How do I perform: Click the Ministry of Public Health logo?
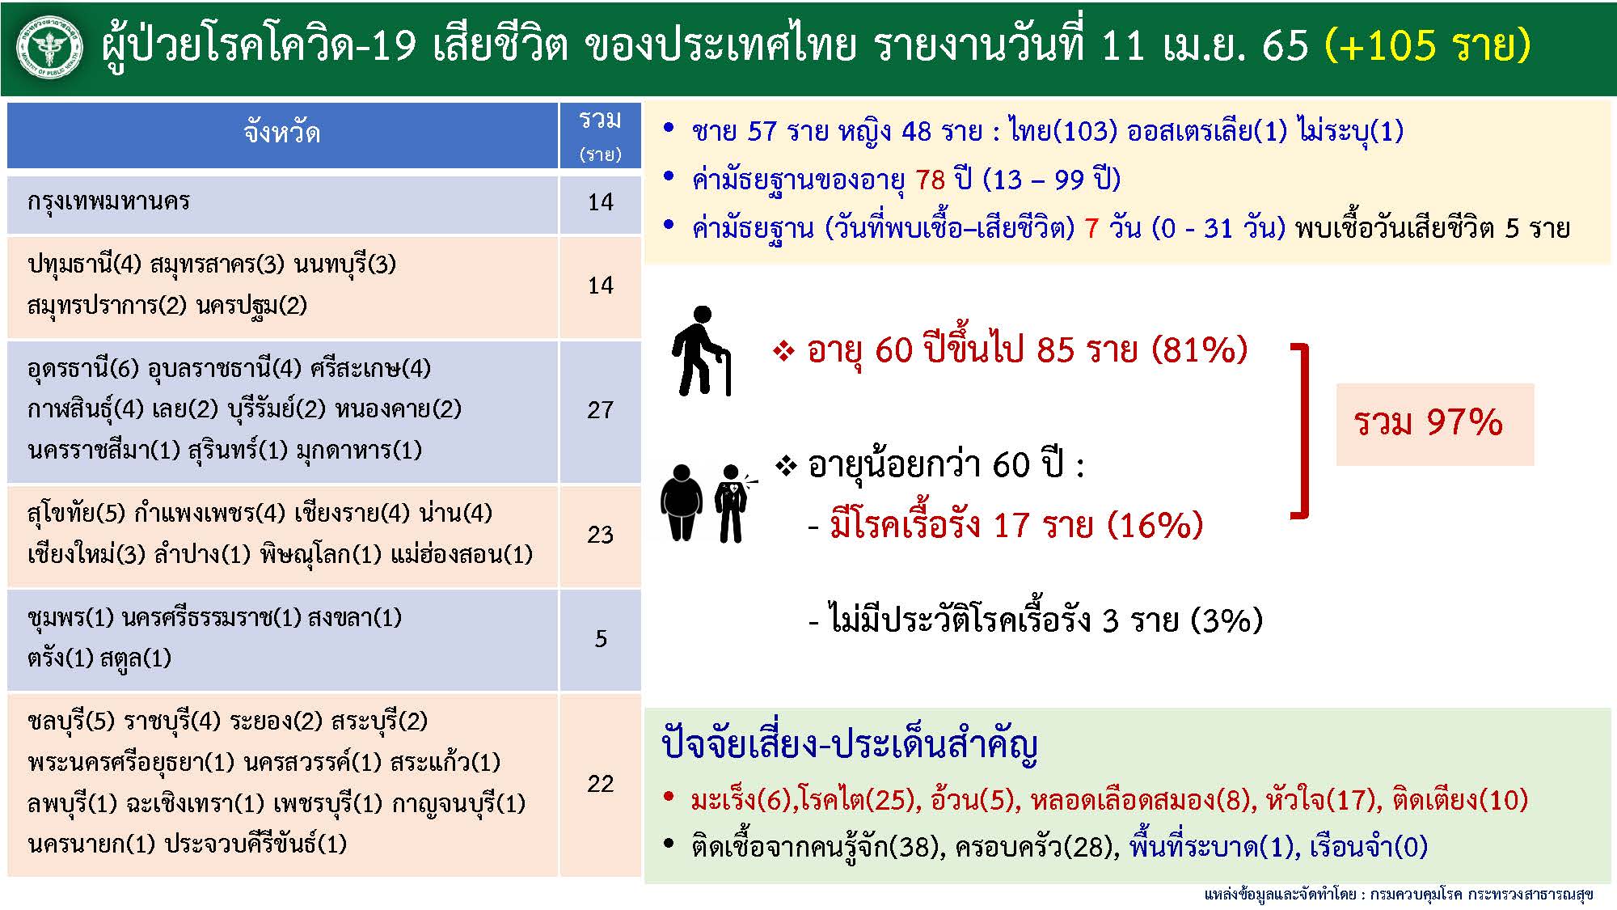tap(50, 49)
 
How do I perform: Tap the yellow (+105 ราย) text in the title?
tap(1427, 45)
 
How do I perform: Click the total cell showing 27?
tap(600, 411)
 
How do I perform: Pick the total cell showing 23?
tap(600, 535)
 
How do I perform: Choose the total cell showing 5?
tap(600, 639)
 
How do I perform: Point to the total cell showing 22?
tap(600, 784)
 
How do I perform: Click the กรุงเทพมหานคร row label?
tap(108, 201)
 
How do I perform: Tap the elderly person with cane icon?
tap(701, 351)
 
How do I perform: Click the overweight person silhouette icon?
tap(681, 502)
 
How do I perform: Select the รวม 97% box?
tap(1434, 424)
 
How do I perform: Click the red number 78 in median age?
tap(930, 180)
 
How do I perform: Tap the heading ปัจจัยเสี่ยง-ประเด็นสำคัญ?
tap(849, 745)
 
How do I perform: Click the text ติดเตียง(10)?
tap(1459, 800)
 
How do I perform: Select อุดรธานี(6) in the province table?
tap(83, 369)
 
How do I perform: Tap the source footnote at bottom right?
tap(1399, 894)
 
